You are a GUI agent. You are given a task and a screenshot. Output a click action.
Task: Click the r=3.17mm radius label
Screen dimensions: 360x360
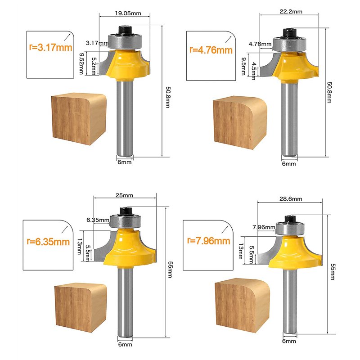pos(49,46)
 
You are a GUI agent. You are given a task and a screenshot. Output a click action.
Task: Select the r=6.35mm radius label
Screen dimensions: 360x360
pos(49,241)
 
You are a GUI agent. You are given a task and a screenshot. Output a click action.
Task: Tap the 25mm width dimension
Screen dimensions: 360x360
pos(124,195)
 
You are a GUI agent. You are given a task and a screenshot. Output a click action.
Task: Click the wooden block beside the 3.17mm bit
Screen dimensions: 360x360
pos(77,118)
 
